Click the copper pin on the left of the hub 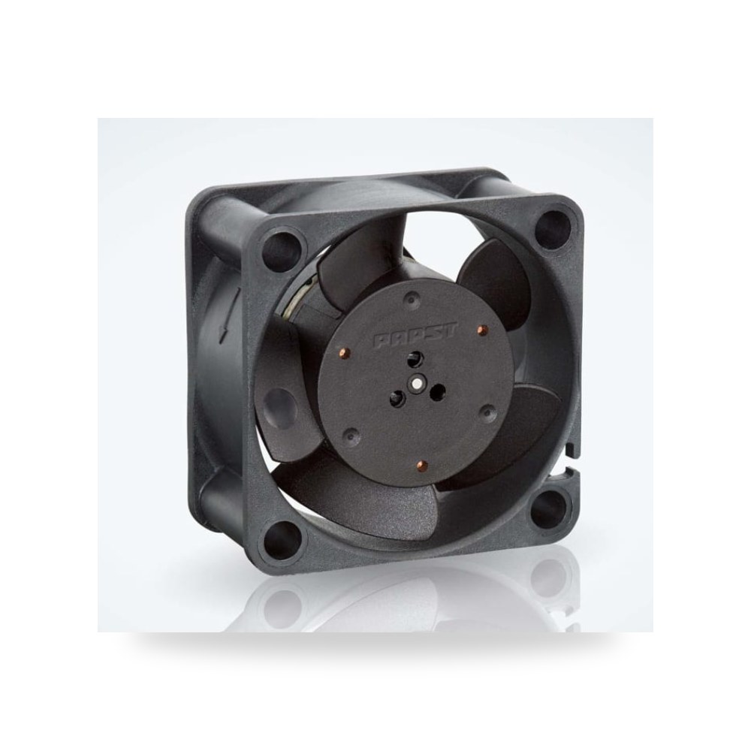pos(342,353)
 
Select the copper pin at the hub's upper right pos(482,330)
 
